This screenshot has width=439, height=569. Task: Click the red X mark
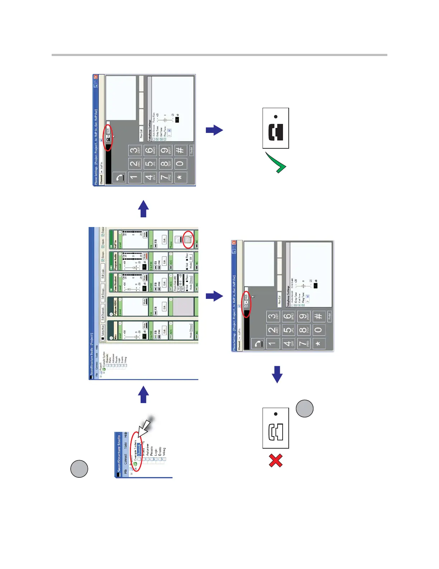click(275, 461)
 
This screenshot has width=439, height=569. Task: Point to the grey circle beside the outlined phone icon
click(305, 408)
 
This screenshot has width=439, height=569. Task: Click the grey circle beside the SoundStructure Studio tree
click(79, 469)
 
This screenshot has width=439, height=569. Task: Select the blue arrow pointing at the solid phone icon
click(214, 130)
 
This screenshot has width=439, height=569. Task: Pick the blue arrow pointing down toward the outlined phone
click(277, 374)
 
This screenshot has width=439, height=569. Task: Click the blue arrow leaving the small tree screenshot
click(143, 394)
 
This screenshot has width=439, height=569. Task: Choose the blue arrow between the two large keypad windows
click(214, 296)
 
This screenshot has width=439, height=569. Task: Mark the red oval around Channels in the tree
click(136, 454)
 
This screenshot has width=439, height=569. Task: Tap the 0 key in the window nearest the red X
click(318, 330)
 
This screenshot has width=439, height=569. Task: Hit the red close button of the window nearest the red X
click(234, 243)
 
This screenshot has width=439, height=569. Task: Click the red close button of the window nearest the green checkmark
click(96, 77)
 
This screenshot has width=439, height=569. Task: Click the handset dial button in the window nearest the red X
click(258, 344)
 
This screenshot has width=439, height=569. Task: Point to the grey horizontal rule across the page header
click(219, 55)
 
